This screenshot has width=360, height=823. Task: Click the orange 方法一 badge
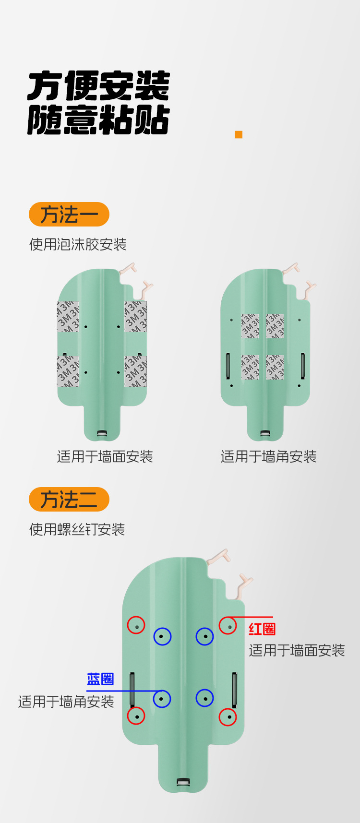pos(69,215)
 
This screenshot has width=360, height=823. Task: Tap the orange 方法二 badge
pos(69,500)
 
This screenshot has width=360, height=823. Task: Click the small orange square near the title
pos(239,134)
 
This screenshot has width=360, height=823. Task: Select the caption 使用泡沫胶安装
pos(78,244)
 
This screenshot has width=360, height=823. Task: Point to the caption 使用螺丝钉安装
pos(77,529)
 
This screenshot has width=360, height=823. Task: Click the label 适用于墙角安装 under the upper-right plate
pos(269,456)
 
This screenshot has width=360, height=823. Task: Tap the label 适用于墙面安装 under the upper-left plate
pos(105,456)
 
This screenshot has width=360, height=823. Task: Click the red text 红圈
pos(262,629)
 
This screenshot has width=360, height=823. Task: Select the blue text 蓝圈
pos(100,679)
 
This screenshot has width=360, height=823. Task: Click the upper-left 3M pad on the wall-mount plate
pos(68,317)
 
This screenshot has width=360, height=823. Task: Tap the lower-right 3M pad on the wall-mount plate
pos(136,371)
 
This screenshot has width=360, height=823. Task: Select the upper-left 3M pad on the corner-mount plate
pos(250,326)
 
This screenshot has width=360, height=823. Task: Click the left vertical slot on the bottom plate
pos(132,690)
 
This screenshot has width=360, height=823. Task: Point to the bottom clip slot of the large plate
pos(183,783)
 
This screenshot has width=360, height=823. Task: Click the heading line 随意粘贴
pos(98,119)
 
